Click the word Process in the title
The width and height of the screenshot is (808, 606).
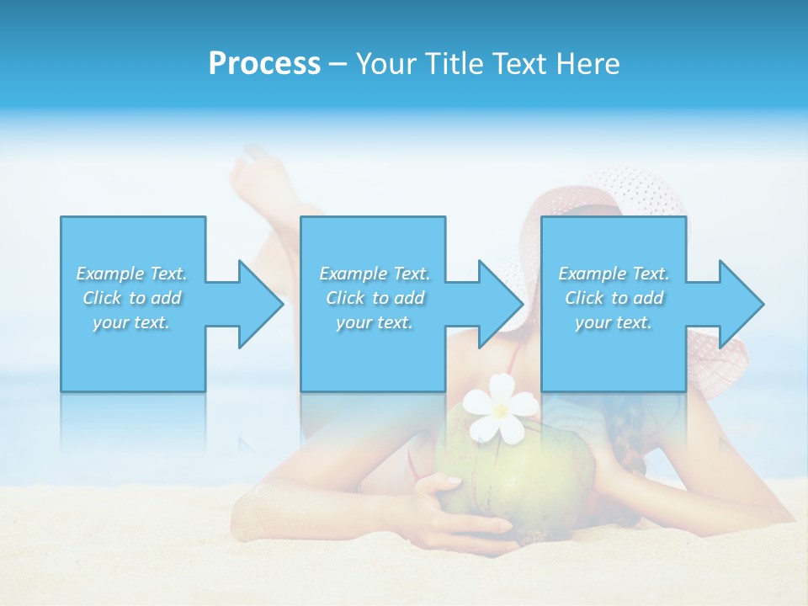click(x=264, y=64)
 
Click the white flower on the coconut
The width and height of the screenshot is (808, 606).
click(x=500, y=407)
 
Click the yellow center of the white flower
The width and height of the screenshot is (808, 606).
click(x=501, y=410)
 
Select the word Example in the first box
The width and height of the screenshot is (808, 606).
click(x=110, y=274)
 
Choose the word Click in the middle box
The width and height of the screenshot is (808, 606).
click(x=345, y=298)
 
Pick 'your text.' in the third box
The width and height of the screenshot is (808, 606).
click(x=614, y=322)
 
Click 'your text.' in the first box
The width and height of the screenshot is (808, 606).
click(x=131, y=322)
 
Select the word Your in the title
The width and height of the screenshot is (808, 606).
click(x=383, y=64)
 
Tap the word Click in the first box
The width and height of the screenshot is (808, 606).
click(x=102, y=298)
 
